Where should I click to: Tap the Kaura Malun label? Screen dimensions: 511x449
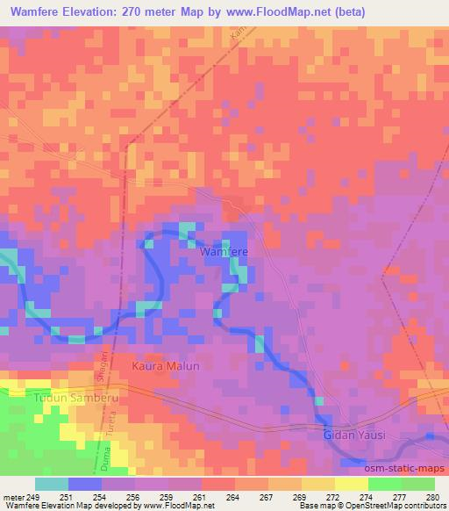[x=166, y=366]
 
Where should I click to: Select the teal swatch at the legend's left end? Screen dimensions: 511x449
[x=52, y=484]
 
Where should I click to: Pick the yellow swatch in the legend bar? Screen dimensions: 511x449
[x=351, y=484]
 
